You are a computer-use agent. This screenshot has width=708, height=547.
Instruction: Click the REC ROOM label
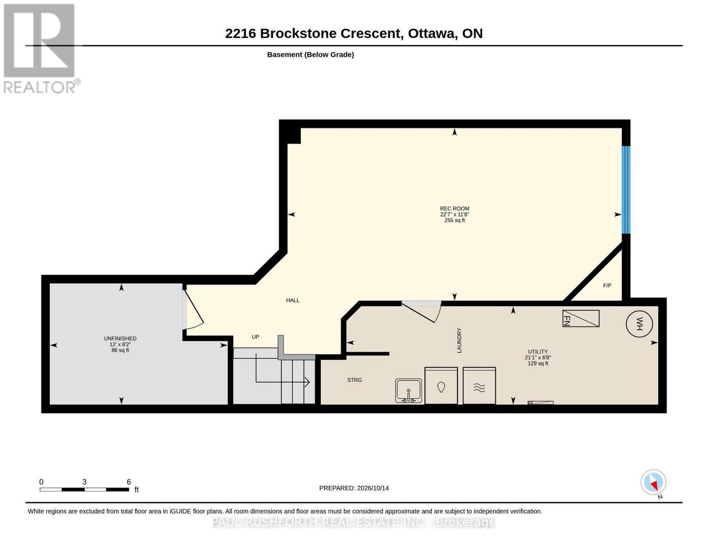tap(454, 208)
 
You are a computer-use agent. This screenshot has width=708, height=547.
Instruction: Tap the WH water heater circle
tap(639, 324)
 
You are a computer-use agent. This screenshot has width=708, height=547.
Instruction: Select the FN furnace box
tap(581, 318)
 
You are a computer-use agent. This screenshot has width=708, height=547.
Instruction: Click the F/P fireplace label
tap(607, 285)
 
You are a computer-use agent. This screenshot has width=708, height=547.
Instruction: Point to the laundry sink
tap(408, 391)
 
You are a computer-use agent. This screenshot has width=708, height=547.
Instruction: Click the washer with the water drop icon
tap(441, 386)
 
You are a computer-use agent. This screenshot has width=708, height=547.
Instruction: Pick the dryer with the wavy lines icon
tap(479, 386)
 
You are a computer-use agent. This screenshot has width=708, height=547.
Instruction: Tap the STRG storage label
tap(355, 380)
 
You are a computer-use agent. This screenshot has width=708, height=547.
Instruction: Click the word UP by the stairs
tap(255, 337)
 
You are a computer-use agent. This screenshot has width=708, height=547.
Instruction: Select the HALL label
tap(293, 300)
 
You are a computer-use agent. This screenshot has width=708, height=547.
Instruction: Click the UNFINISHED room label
tap(120, 339)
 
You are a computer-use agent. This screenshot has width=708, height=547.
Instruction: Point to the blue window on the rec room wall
tap(626, 190)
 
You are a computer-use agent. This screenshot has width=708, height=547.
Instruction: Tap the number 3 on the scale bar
tap(84, 482)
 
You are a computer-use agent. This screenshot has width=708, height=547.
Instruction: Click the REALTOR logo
tap(41, 49)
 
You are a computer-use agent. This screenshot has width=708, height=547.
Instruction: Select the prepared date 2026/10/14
tap(373, 488)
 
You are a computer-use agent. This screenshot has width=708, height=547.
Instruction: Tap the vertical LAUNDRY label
tap(460, 340)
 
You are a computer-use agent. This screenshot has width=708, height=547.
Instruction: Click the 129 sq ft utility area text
tap(538, 363)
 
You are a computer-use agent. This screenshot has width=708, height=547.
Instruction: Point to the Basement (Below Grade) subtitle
tap(310, 55)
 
